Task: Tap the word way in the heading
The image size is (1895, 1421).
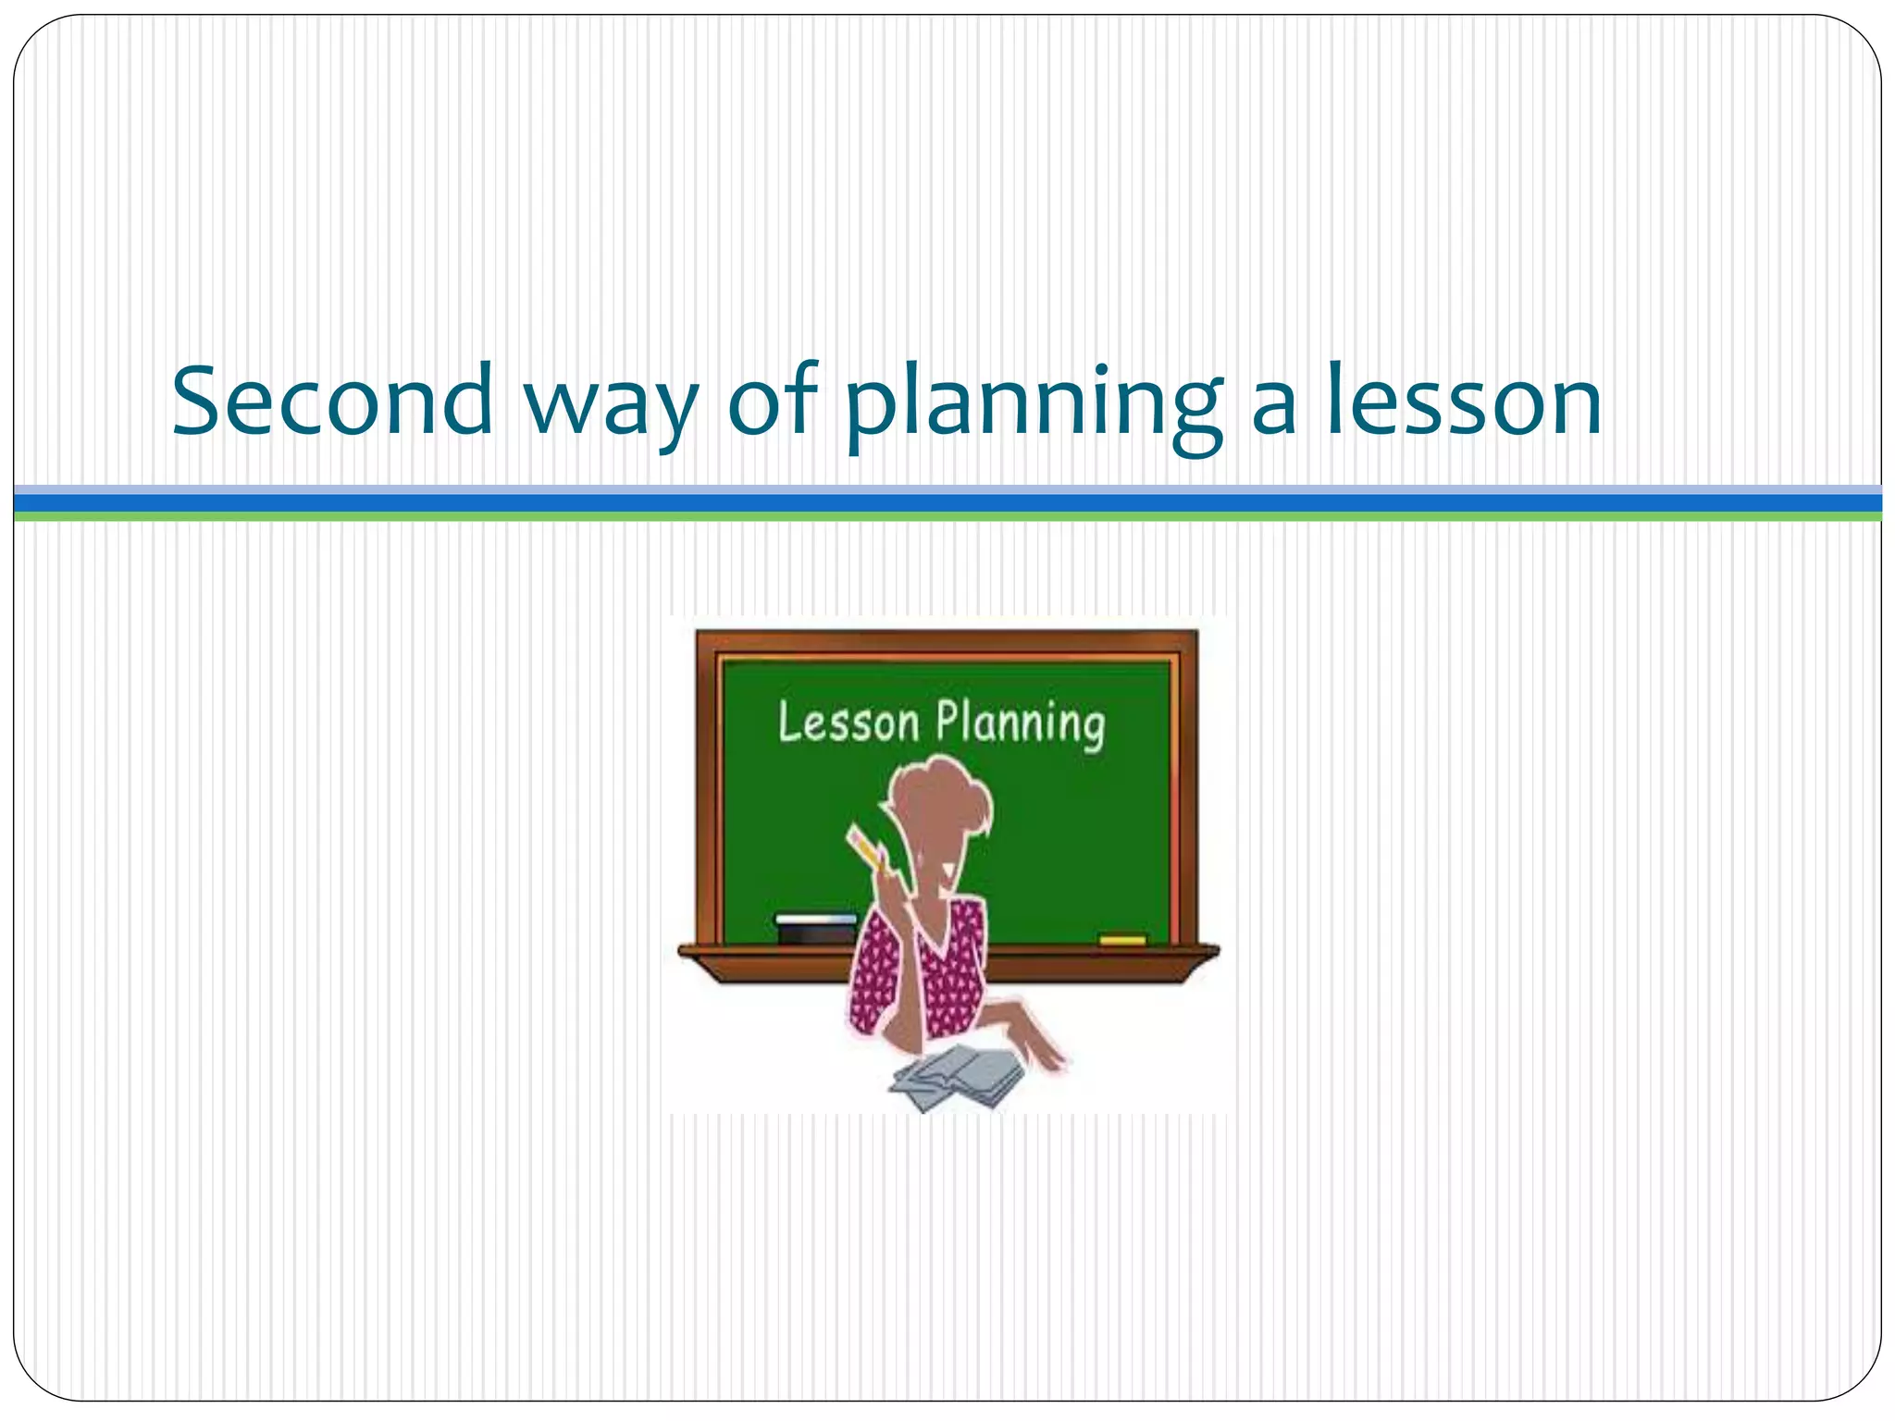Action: click(x=611, y=407)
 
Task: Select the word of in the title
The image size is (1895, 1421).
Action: click(x=774, y=400)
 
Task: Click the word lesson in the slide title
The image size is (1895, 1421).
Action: click(x=1464, y=402)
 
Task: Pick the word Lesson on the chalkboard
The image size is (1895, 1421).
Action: click(x=848, y=723)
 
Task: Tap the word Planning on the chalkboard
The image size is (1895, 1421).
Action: click(x=1021, y=724)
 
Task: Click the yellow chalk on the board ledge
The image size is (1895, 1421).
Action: click(x=1122, y=940)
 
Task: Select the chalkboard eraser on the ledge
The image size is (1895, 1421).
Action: click(x=816, y=929)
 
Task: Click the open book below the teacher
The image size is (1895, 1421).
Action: click(x=958, y=1077)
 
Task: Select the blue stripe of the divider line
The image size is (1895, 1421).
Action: click(x=947, y=502)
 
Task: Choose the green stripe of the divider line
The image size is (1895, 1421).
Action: click(x=947, y=516)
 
